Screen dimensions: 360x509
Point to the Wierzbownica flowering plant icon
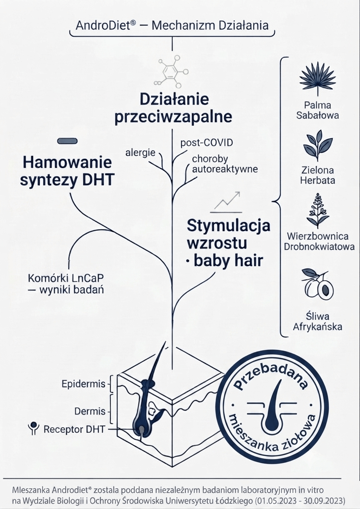317,211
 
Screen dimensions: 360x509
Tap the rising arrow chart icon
226,202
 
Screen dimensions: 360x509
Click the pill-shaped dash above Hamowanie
67,141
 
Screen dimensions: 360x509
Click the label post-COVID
207,143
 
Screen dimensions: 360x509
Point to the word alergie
140,152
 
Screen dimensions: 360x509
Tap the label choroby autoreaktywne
225,164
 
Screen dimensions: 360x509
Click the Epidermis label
83,384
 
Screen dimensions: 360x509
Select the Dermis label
90,411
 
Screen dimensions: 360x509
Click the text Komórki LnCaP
66,278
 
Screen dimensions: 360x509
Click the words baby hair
228,261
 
